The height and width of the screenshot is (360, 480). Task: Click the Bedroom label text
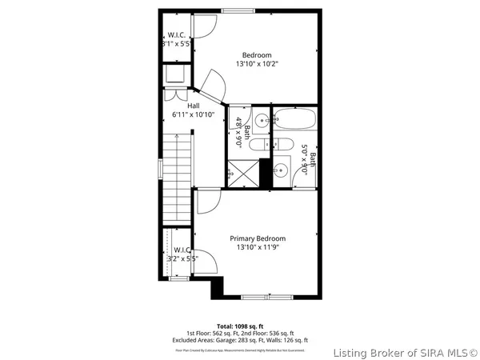(x=258, y=55)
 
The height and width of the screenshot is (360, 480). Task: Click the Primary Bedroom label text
(x=258, y=238)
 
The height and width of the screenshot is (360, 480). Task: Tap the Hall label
(x=194, y=106)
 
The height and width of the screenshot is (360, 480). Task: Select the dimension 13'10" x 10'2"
(x=258, y=64)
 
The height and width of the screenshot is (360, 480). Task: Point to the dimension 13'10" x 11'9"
(x=258, y=247)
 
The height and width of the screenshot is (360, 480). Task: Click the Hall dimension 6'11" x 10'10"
(x=194, y=114)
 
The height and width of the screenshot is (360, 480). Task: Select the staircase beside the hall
(x=178, y=172)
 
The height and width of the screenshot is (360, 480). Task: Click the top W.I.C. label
(x=178, y=35)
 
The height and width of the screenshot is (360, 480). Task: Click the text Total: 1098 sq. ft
(x=240, y=326)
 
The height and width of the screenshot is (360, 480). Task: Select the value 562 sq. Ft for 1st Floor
(x=227, y=333)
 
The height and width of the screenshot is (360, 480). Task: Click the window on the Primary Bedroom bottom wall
(x=267, y=297)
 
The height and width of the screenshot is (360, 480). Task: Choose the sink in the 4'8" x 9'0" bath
(x=241, y=122)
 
